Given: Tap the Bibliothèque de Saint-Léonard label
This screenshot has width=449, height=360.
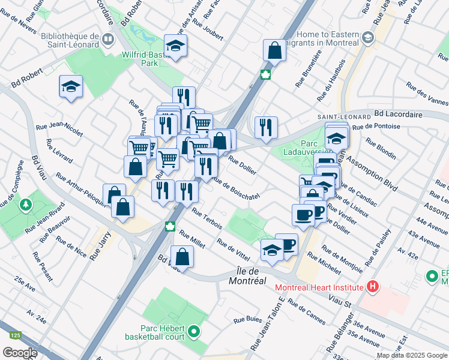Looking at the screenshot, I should pyautogui.click(x=70, y=40).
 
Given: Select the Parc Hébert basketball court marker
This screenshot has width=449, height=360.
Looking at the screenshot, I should pyautogui.click(x=194, y=331).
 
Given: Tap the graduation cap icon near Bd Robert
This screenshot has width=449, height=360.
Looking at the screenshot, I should pyautogui.click(x=71, y=86).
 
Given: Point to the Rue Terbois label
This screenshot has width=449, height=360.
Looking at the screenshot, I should pyautogui.click(x=207, y=218).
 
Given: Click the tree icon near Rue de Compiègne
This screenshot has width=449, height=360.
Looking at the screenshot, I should pyautogui.click(x=25, y=205).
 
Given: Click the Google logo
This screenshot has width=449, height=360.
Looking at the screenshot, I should pyautogui.click(x=20, y=353).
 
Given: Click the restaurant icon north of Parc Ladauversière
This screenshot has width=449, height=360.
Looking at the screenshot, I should pyautogui.click(x=266, y=127).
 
